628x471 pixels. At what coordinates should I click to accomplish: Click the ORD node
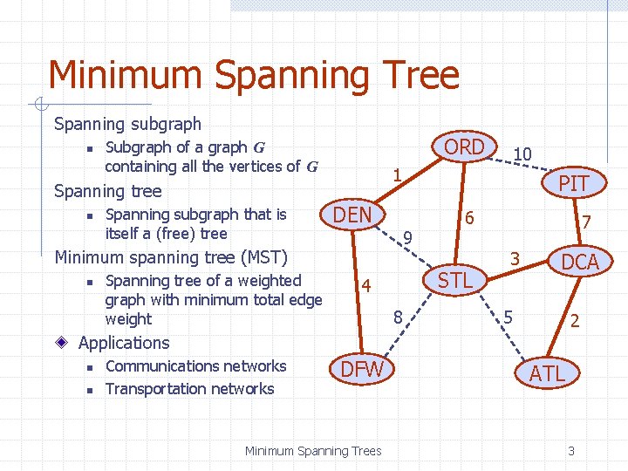coord(464,147)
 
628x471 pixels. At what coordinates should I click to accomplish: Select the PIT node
coord(573,182)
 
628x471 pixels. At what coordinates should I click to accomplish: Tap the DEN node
coord(353,215)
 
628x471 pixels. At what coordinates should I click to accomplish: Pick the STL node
coord(454,280)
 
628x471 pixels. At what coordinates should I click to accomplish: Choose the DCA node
coord(580,262)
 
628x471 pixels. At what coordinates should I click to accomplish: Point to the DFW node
coord(361,369)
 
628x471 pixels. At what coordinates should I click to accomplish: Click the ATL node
coord(548,373)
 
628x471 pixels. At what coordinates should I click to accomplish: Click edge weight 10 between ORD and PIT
coord(522,154)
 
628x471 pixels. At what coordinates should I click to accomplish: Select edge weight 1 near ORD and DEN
coord(396,175)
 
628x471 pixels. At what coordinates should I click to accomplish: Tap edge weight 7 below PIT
coord(588,223)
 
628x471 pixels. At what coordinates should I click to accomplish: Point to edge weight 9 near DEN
coord(407,236)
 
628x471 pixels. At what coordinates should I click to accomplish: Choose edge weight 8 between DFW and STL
coord(397,317)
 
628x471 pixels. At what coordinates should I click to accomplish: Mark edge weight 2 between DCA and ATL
coord(574,320)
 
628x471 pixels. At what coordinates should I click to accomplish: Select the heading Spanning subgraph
coord(127,124)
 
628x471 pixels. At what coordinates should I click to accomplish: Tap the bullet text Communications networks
coord(195,366)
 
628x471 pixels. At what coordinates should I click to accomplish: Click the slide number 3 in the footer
coord(570,451)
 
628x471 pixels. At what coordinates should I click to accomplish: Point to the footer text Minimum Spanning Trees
coord(312,451)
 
